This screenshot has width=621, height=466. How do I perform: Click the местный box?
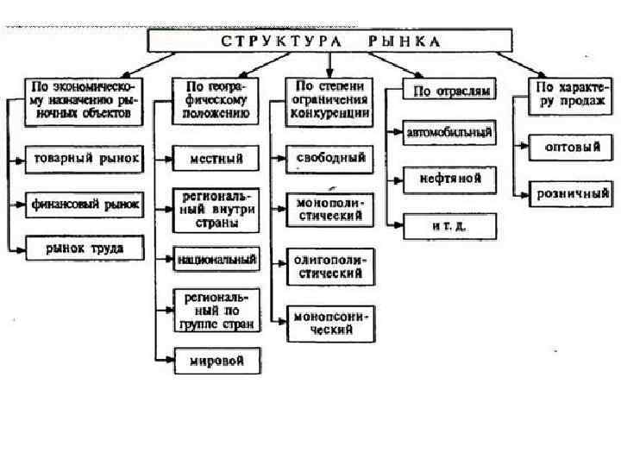(216, 160)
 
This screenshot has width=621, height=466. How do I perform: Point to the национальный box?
(216, 258)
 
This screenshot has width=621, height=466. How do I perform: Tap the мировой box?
(216, 360)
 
